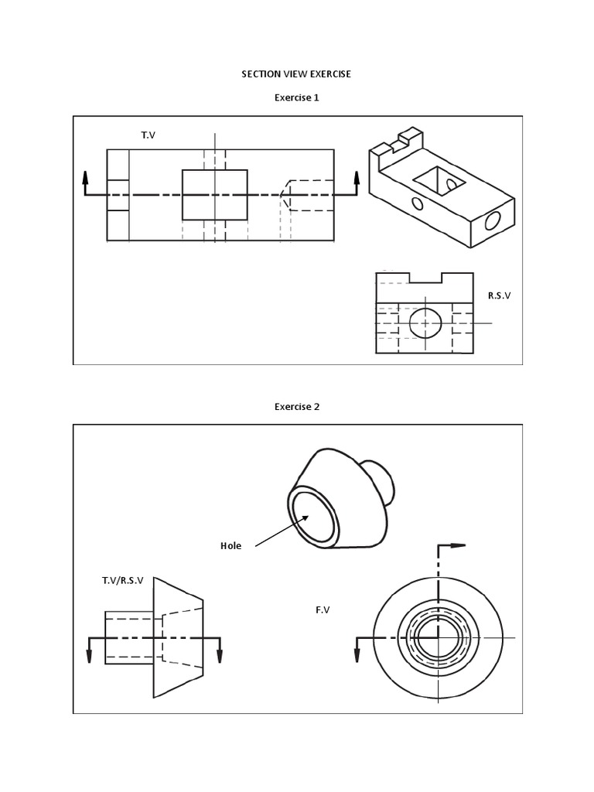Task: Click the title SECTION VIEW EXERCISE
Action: (297, 74)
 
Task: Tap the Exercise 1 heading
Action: (297, 98)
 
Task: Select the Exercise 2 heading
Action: (297, 407)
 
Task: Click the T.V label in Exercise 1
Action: (148, 136)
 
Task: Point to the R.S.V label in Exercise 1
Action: (500, 295)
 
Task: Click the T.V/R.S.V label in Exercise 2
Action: (122, 580)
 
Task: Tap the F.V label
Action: (323, 610)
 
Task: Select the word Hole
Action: (230, 546)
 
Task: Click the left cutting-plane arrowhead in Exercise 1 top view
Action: (85, 178)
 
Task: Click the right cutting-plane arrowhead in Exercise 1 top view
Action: (357, 178)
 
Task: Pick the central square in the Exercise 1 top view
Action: (215, 195)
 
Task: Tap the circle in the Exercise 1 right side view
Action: (425, 322)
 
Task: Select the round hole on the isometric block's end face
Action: (492, 222)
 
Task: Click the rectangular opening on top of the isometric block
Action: (439, 183)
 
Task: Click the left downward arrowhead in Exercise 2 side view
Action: (90, 656)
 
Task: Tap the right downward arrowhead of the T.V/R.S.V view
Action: (220, 656)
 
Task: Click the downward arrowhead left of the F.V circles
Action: (358, 656)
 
